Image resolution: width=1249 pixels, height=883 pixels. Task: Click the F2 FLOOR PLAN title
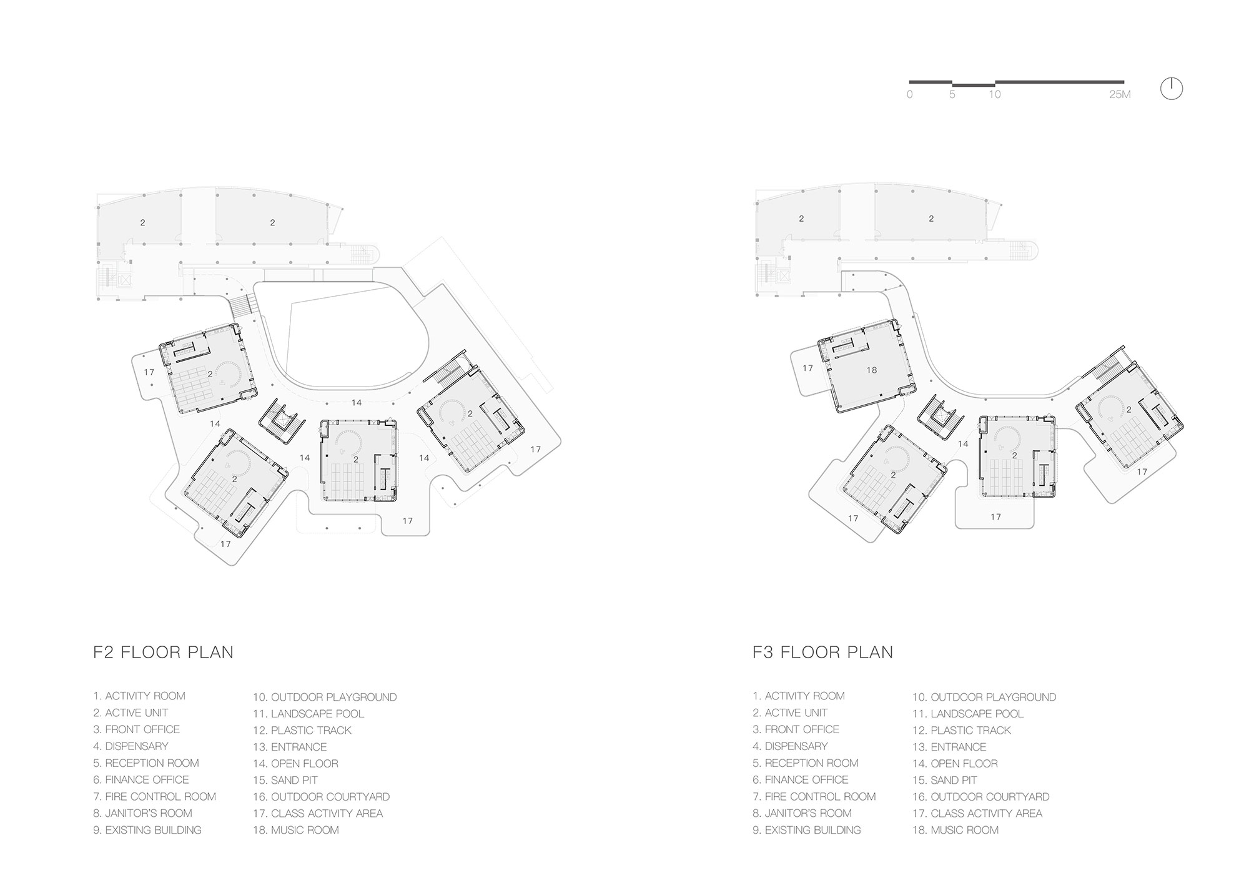point(163,653)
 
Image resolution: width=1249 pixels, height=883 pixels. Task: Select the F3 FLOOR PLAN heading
point(822,653)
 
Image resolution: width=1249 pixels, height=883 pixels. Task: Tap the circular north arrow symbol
point(1172,89)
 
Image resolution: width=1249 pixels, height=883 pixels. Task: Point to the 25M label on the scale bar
point(1120,95)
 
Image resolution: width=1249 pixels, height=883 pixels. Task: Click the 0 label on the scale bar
point(910,95)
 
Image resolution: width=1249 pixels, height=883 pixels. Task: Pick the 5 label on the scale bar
point(952,95)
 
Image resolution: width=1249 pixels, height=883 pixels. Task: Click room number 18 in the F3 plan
point(872,370)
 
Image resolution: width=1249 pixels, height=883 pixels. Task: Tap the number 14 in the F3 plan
point(963,444)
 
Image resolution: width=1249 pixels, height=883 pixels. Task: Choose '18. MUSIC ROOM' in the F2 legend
point(296,830)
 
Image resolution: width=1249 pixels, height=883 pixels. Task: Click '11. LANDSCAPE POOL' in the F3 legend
point(968,714)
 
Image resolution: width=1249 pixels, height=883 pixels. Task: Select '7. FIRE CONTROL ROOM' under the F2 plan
point(155,797)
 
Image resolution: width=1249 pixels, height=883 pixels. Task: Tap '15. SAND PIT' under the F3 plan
point(945,781)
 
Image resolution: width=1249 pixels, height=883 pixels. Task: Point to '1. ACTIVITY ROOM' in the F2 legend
point(139,696)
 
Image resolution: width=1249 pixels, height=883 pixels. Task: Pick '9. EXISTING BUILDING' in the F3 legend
point(807,830)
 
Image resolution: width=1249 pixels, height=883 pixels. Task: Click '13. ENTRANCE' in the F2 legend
point(290,747)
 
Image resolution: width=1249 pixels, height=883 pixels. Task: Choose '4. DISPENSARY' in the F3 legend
point(790,746)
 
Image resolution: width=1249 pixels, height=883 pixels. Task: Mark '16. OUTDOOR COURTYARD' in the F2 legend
point(322,797)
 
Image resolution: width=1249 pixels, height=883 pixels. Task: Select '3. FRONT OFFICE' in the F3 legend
point(796,729)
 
